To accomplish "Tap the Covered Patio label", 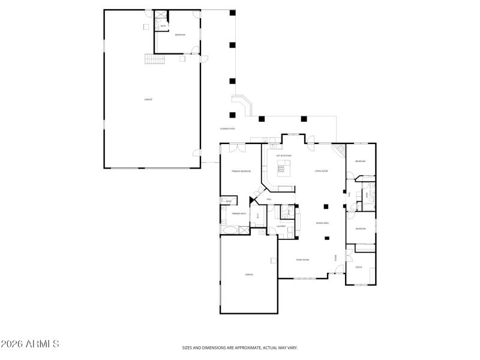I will click(227, 128).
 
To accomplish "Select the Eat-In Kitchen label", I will click(284, 155).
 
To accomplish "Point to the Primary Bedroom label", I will click(241, 172).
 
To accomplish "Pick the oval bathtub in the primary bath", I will click(229, 230).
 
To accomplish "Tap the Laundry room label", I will click(281, 226).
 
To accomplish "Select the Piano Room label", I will click(302, 260).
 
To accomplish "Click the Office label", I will click(359, 267).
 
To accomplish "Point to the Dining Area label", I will click(323, 223).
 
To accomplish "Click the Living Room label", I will click(321, 171).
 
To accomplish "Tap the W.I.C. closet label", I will click(257, 216).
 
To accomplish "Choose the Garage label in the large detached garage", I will click(148, 99).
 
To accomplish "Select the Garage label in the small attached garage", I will click(248, 274).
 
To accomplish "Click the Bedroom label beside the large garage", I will click(180, 35).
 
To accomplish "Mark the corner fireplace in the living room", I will click(340, 150).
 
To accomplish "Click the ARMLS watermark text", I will click(30, 344).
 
